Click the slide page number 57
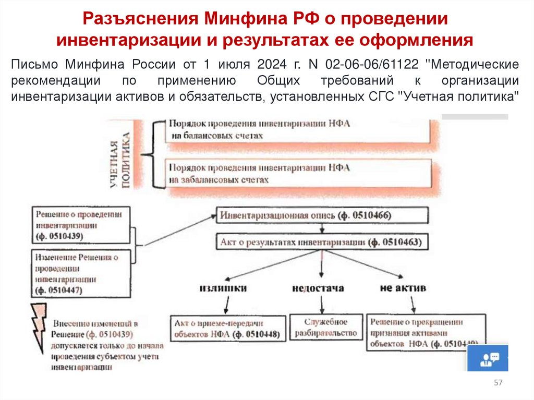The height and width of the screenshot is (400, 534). pos(498,383)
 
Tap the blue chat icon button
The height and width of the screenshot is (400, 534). pos(488,358)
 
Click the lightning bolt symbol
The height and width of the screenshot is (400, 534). pos(40,325)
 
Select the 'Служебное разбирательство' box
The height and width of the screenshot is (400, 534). pos(326,328)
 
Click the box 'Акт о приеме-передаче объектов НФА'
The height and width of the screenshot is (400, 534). pos(229,329)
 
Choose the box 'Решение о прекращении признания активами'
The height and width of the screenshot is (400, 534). pos(425,332)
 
